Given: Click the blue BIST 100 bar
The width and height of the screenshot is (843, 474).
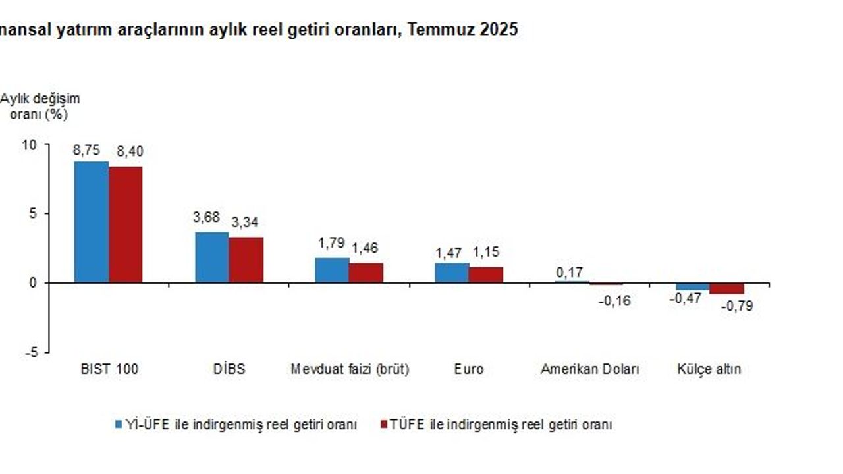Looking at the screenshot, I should pyautogui.click(x=92, y=222).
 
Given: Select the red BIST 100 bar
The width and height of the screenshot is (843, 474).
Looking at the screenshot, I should pyautogui.click(x=126, y=224).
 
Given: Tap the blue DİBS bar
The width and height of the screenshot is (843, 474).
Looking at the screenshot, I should pyautogui.click(x=212, y=257).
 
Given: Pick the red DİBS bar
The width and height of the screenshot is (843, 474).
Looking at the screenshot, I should pyautogui.click(x=246, y=260).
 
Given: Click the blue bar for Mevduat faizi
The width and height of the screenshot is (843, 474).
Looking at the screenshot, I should pyautogui.click(x=332, y=271).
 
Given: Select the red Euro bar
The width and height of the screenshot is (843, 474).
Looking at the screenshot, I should pyautogui.click(x=486, y=275).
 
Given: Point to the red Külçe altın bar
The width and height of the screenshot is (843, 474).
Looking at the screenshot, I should pyautogui.click(x=727, y=288).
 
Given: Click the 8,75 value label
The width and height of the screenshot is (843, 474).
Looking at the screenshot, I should pyautogui.click(x=86, y=150).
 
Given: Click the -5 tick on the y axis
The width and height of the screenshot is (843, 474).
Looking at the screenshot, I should pyautogui.click(x=30, y=352).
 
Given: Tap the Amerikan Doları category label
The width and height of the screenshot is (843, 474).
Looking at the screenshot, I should pyautogui.click(x=589, y=369).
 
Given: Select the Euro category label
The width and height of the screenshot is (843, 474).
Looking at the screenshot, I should pyautogui.click(x=468, y=369).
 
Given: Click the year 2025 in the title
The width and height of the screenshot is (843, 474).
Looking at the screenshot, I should pyautogui.click(x=499, y=30).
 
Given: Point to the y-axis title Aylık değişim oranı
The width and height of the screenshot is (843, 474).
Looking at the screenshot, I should pyautogui.click(x=41, y=106).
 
